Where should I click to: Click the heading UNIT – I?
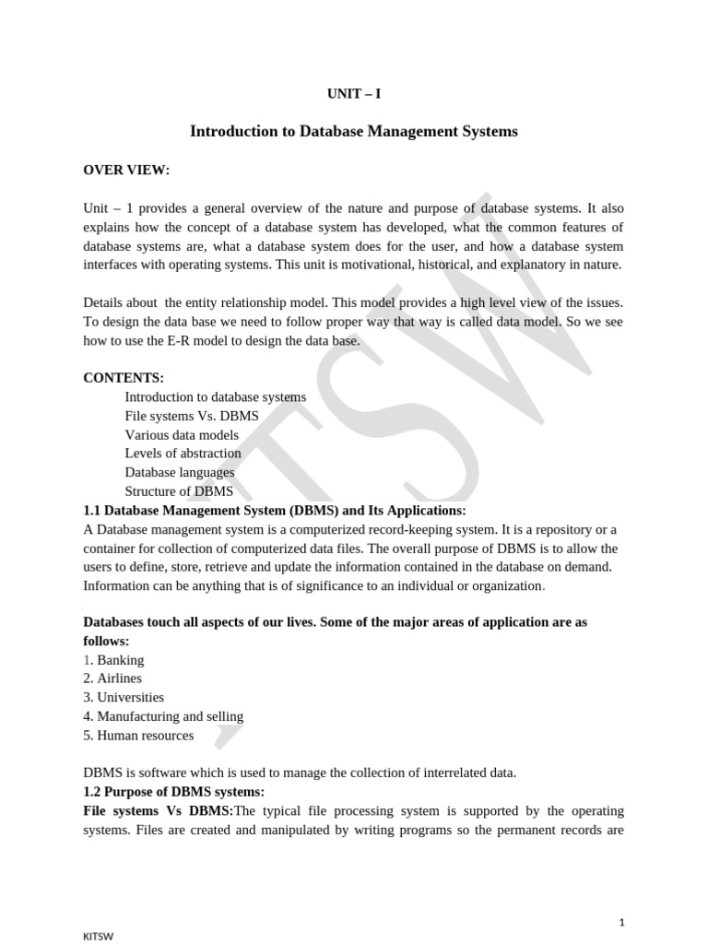[x=354, y=94]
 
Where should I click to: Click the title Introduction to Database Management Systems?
[x=354, y=132]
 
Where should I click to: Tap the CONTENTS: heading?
[x=124, y=378]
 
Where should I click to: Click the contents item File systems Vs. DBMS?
[x=192, y=416]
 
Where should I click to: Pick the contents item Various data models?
[x=182, y=435]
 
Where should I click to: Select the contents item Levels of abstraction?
[x=183, y=454]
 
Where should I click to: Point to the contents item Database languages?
[x=180, y=473]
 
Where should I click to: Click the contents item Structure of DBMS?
[x=179, y=491]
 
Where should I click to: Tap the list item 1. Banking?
[x=114, y=660]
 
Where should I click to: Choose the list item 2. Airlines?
[x=112, y=678]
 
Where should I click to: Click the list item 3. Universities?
[x=124, y=698]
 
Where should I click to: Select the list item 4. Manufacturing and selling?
[x=163, y=716]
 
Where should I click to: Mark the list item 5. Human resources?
[x=138, y=736]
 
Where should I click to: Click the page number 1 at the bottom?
[x=622, y=896]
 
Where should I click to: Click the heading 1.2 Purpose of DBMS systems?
[x=174, y=792]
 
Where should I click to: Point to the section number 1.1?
[x=93, y=510]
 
